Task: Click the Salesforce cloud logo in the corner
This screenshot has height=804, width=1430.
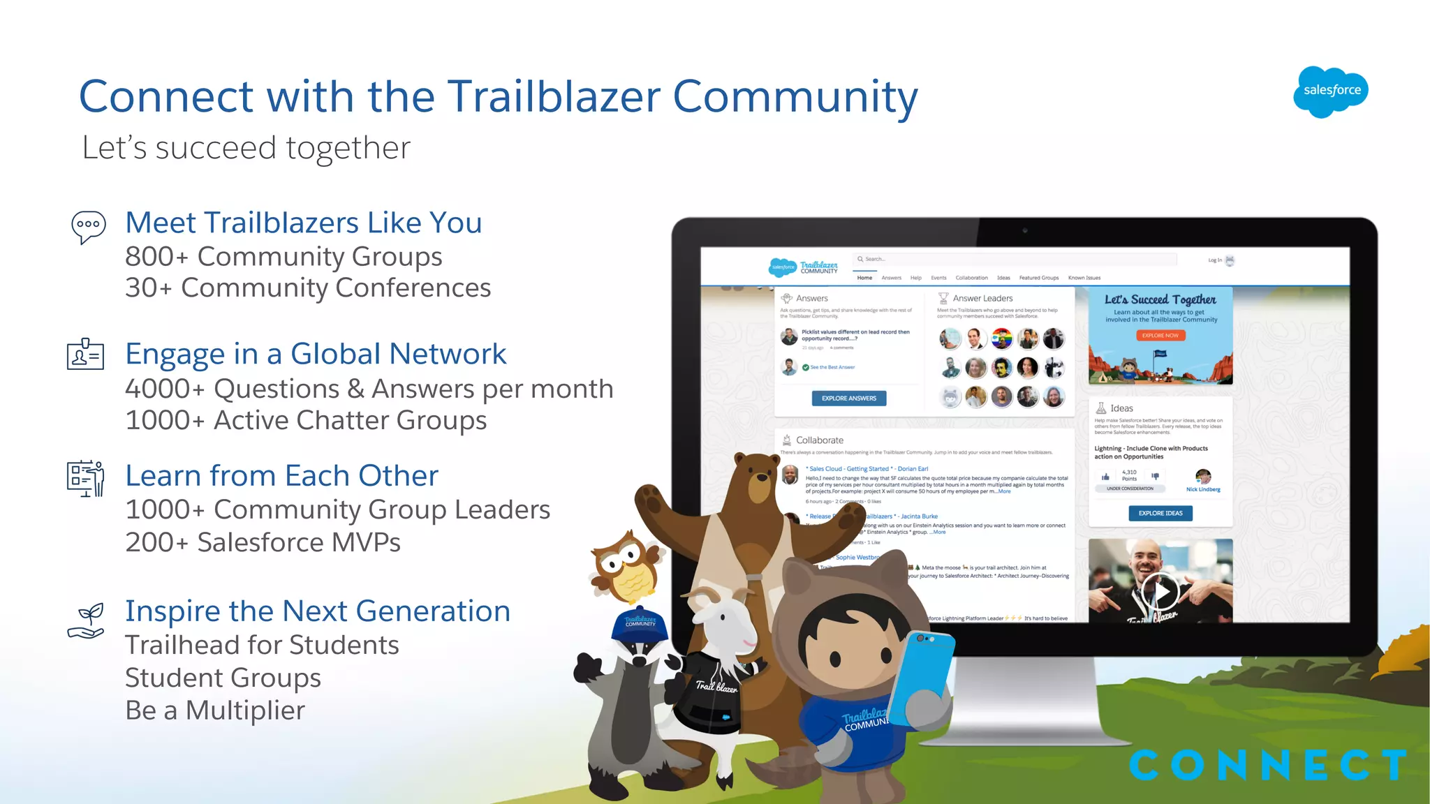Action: pyautogui.click(x=1331, y=91)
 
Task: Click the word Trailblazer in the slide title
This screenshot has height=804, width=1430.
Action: pyautogui.click(x=552, y=96)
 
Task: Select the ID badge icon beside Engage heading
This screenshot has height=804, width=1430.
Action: pyautogui.click(x=85, y=355)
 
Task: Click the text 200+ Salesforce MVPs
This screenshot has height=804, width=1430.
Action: pyautogui.click(x=263, y=542)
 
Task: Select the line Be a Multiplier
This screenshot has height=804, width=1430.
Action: pyautogui.click(x=215, y=710)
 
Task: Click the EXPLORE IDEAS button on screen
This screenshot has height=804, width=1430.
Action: pyautogui.click(x=1160, y=513)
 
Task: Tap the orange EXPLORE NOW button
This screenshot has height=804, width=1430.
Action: pyautogui.click(x=1160, y=336)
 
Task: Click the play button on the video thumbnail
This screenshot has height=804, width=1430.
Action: pyautogui.click(x=1160, y=592)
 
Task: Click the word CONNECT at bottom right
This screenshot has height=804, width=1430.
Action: pyautogui.click(x=1267, y=766)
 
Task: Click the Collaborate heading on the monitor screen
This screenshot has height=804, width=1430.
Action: pyautogui.click(x=819, y=440)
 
